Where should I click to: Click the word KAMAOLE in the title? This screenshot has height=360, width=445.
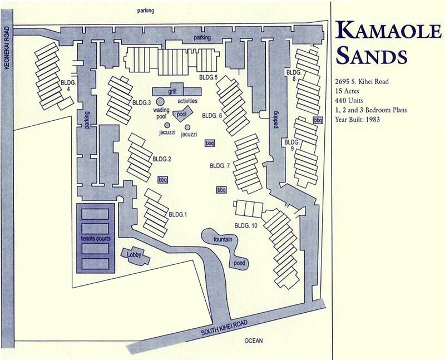click(x=387, y=33)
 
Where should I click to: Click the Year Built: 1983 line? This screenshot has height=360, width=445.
click(x=363, y=120)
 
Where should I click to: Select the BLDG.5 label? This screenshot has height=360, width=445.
click(x=207, y=77)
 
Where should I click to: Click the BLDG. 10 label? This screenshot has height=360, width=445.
click(x=246, y=225)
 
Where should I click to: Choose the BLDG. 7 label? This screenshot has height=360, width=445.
click(x=220, y=166)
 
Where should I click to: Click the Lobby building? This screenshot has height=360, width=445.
click(x=136, y=255)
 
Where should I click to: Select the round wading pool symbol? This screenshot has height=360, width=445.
click(x=160, y=102)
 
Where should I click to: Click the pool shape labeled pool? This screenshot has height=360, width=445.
click(x=182, y=114)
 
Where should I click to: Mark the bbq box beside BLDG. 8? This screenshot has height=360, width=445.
click(x=318, y=120)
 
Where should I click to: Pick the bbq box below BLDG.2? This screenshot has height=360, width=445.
click(x=162, y=180)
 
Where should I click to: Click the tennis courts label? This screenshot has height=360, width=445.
click(x=96, y=239)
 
